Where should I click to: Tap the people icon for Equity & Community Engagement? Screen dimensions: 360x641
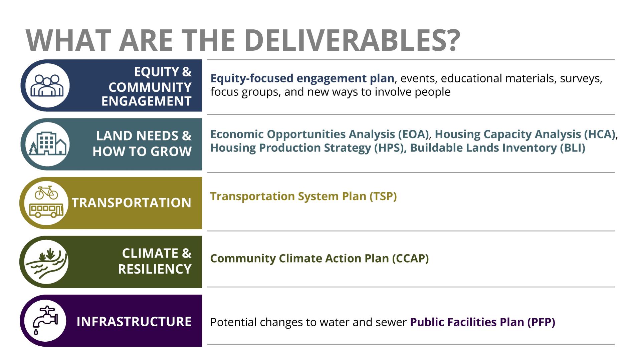[x=47, y=85]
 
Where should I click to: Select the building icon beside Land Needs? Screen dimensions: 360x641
[x=48, y=144]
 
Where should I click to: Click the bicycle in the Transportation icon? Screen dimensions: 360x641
[x=46, y=193]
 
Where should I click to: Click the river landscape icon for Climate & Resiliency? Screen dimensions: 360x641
[x=47, y=262]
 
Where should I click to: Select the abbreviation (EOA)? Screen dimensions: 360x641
[x=413, y=134]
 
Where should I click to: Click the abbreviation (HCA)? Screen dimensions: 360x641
[x=600, y=134]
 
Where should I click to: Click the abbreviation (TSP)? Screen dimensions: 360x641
[x=383, y=196]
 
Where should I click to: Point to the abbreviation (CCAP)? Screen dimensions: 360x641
[x=410, y=259]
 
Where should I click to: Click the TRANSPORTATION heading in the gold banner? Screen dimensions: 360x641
[x=132, y=203]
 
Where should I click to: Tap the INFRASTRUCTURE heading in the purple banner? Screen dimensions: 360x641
[x=134, y=322]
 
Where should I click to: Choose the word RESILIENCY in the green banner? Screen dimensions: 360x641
[x=155, y=269]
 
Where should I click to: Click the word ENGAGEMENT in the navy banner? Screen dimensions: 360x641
[x=146, y=101]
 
